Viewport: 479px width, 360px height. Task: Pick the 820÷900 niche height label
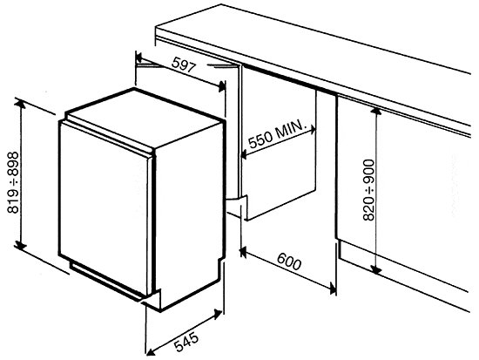369,188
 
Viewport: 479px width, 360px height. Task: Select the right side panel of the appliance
197,200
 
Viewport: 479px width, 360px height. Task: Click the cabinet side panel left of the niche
232,139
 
